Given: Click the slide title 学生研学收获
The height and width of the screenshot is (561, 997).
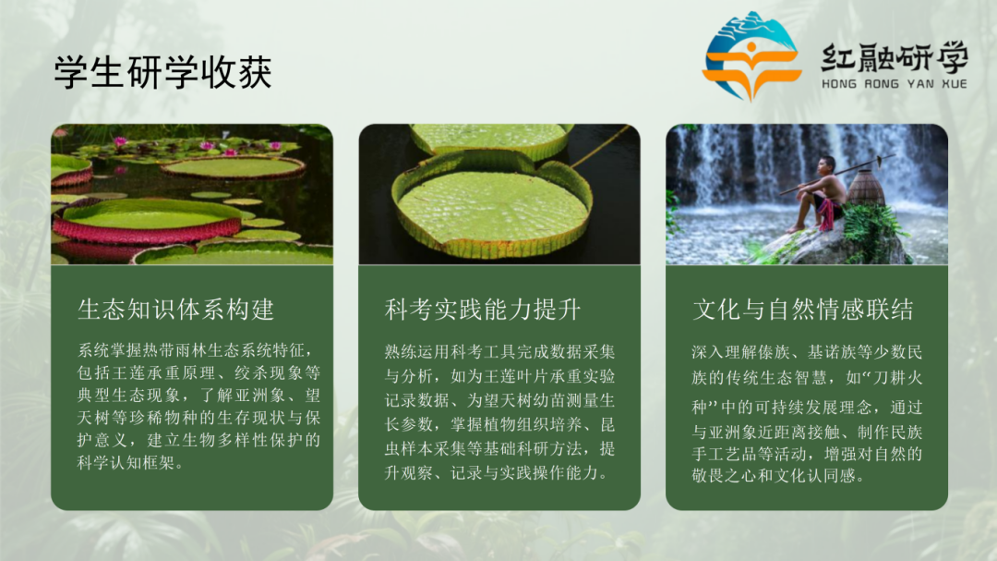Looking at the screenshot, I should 162,73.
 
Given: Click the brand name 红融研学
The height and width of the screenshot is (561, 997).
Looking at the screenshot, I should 894,58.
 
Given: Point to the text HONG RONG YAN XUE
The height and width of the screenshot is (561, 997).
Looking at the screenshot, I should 894,84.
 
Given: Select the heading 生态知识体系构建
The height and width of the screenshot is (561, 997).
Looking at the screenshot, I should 176,309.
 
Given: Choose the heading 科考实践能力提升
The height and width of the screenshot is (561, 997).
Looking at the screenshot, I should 483,309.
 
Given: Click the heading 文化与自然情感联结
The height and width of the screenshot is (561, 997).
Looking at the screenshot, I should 803,309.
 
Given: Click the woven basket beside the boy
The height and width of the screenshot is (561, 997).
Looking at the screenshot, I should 866,189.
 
